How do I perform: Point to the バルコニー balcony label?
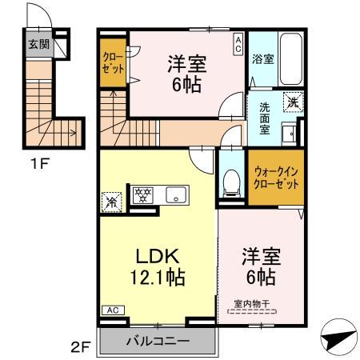click(x=158, y=342)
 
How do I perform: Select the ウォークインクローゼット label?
click(x=274, y=176)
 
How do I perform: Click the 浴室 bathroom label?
click(x=262, y=58)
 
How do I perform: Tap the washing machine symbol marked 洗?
click(x=293, y=102)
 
